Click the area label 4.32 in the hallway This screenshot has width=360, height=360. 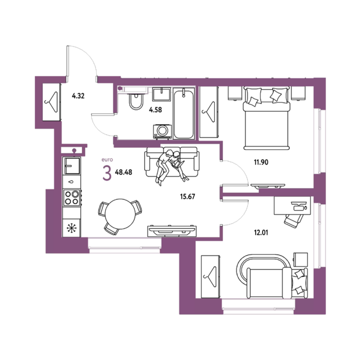[78, 96]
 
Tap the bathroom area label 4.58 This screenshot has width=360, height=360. [156, 110]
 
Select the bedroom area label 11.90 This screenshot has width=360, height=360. [261, 162]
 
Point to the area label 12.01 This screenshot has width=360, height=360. [261, 232]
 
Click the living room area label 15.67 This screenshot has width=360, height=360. [187, 196]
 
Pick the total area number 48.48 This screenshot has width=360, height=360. [124, 172]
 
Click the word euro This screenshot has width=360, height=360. [107, 159]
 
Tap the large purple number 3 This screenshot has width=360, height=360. [107, 173]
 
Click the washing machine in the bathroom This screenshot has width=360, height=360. [162, 132]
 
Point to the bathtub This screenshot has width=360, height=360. [184, 113]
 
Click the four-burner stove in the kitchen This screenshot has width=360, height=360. [72, 198]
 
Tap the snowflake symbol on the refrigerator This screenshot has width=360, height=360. [71, 228]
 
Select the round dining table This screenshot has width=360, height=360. [120, 214]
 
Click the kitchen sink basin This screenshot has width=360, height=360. [72, 166]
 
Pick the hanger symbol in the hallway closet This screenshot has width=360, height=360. [52, 102]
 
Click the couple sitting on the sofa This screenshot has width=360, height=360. [171, 166]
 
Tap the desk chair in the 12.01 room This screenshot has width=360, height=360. [293, 221]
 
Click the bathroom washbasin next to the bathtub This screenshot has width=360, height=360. [162, 94]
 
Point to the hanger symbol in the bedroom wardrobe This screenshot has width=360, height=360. [209, 112]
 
